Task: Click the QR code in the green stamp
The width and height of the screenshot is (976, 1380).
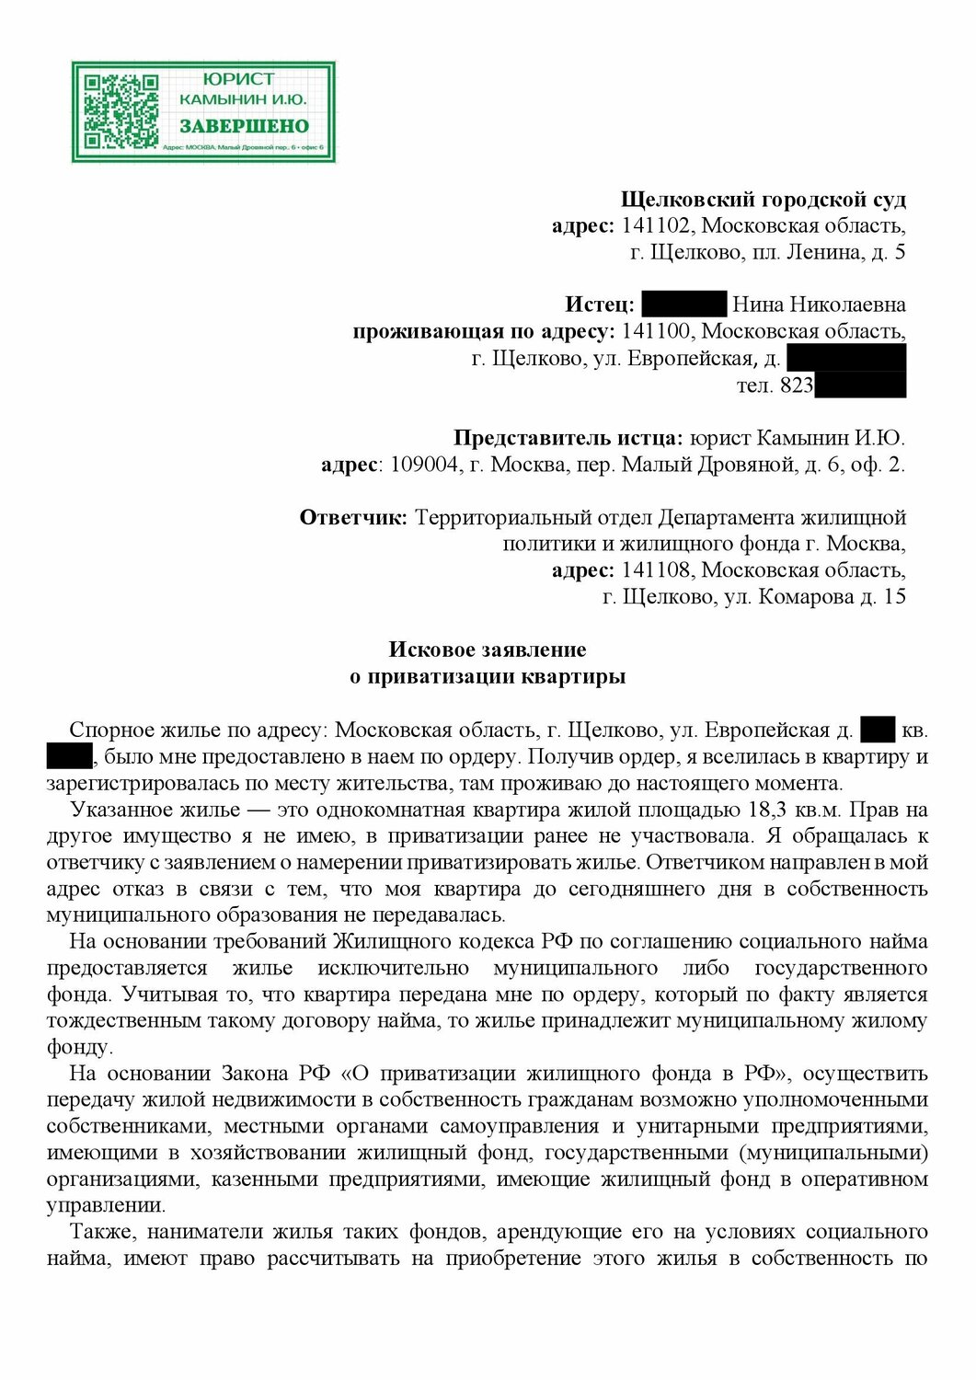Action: [x=121, y=112]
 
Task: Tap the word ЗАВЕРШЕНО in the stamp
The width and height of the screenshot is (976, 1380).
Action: [x=244, y=126]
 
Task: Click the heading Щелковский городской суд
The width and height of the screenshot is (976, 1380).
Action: [x=763, y=200]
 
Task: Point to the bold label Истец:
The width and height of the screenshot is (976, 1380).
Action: [x=599, y=305]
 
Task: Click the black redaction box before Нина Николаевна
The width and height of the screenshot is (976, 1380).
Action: [x=683, y=305]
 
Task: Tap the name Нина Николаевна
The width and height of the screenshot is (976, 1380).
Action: [x=819, y=305]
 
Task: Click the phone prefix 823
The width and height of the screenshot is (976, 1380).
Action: [x=797, y=385]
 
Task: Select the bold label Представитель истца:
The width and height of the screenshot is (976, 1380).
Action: [x=568, y=439]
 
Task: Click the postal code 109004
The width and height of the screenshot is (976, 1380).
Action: [x=424, y=466]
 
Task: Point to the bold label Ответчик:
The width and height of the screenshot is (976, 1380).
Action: [x=353, y=518]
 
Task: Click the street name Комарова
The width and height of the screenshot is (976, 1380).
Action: [x=806, y=598]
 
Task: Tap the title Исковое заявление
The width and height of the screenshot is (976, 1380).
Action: [x=488, y=650]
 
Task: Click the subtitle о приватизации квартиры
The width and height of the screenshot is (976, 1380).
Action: [x=488, y=677]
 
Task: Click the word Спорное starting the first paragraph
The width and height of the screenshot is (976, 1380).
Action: [x=111, y=730]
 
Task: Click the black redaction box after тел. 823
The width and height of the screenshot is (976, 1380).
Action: [x=860, y=385]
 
